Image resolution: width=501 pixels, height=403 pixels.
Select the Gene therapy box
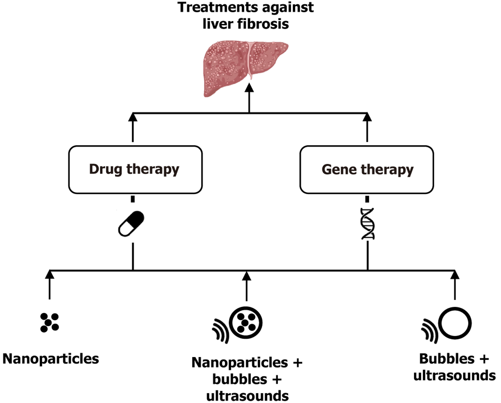(x=367, y=169)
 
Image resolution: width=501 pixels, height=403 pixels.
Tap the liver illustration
(x=245, y=67)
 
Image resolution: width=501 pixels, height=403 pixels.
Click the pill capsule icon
(x=131, y=223)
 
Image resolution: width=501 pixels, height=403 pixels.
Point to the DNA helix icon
(x=368, y=224)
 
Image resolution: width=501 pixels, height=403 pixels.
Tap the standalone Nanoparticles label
(x=51, y=359)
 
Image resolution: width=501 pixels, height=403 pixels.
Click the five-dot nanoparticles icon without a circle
(x=49, y=322)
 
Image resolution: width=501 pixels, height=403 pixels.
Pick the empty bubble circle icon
(x=455, y=324)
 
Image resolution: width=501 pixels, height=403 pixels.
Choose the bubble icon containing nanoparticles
(x=246, y=323)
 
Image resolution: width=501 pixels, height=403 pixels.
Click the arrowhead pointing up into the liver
(x=249, y=87)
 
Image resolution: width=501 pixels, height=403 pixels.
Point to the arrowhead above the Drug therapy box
(x=133, y=117)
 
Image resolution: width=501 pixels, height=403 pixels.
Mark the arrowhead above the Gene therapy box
(x=367, y=117)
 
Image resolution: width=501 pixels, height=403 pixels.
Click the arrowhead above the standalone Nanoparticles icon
(x=50, y=274)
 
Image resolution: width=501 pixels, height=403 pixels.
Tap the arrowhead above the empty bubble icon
(x=455, y=274)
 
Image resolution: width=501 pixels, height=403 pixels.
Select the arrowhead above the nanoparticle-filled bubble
(x=247, y=276)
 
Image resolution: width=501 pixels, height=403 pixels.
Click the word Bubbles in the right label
(x=446, y=359)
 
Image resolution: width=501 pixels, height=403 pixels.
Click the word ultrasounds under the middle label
(x=248, y=396)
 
